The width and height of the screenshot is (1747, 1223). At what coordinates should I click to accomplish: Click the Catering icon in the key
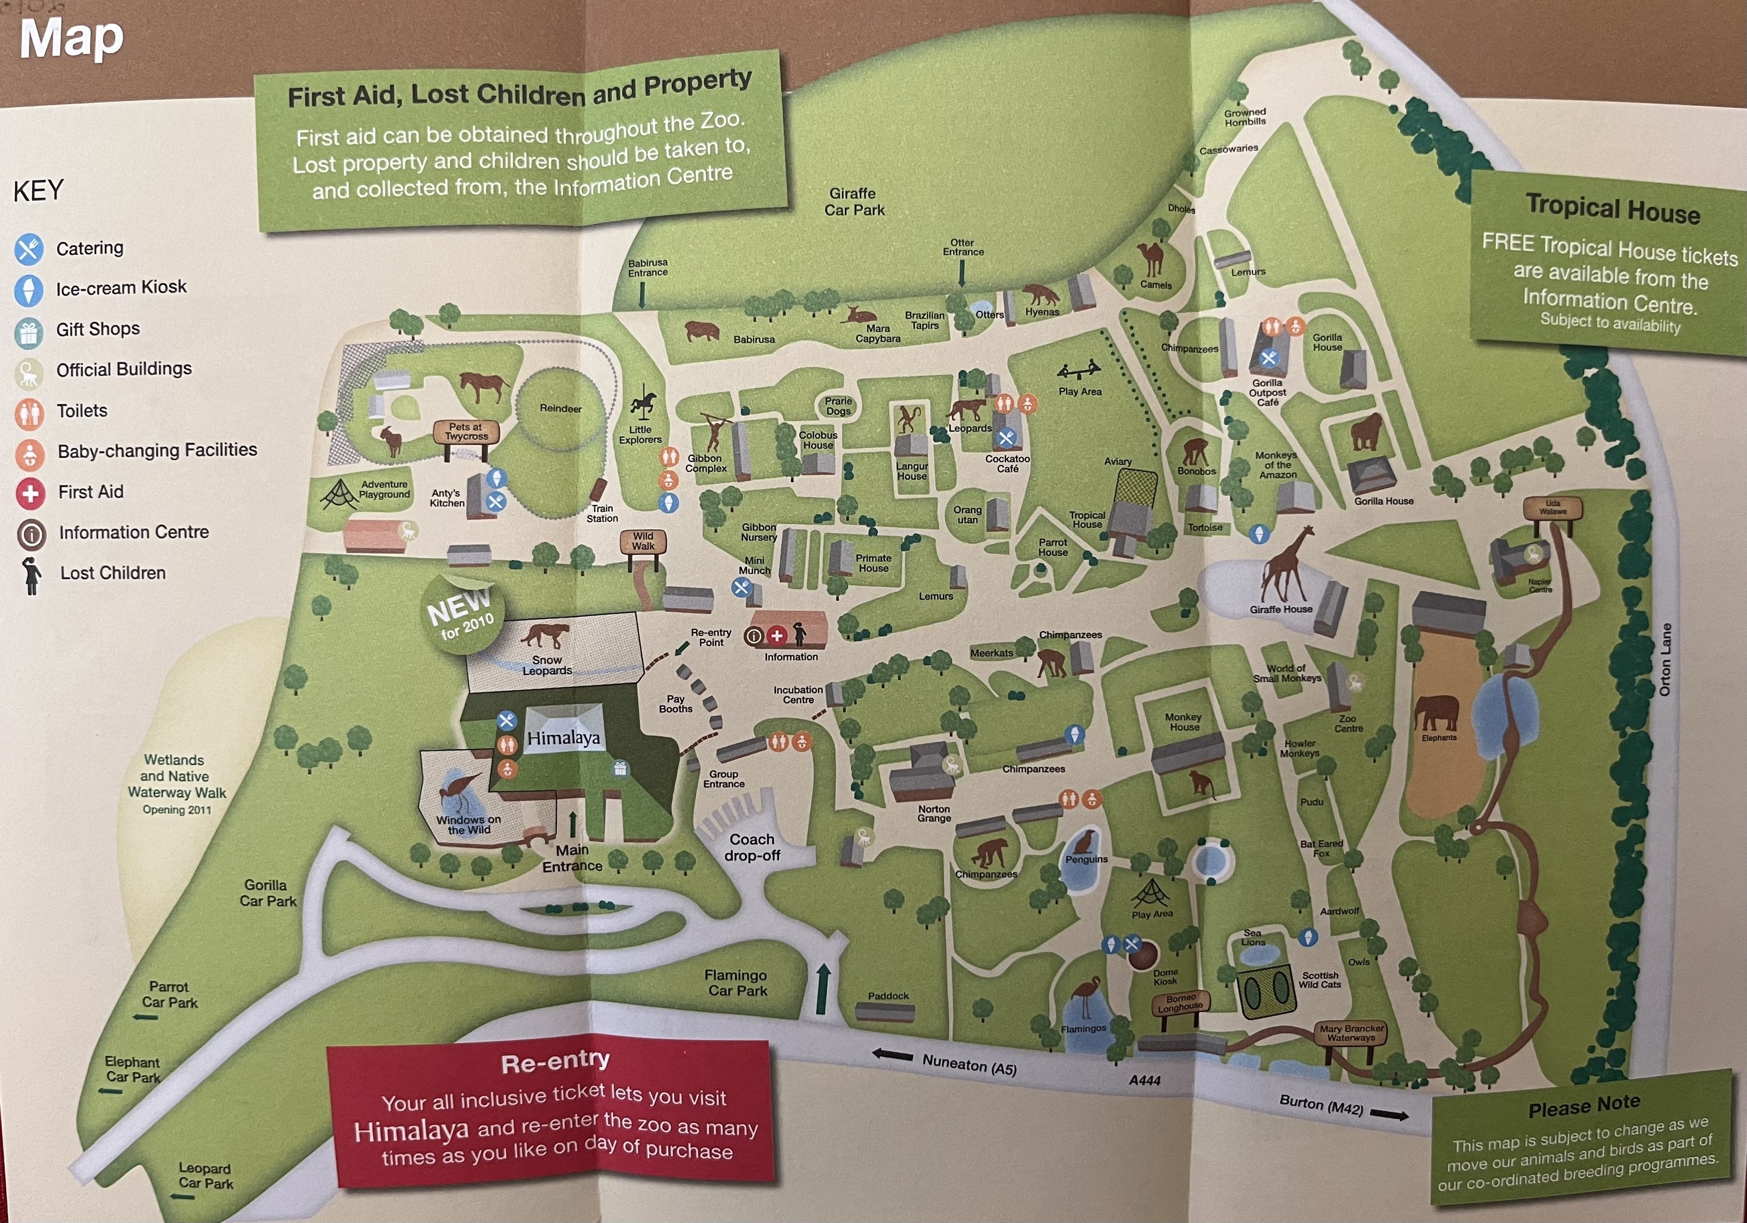pos(28,249)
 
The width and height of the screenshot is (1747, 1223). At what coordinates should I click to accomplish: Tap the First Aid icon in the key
pos(31,493)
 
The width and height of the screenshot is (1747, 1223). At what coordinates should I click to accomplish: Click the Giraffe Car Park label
pos(853,202)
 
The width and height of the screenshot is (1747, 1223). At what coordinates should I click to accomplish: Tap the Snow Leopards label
pos(546,665)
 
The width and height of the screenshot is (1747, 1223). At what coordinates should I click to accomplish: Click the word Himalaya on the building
pos(563,737)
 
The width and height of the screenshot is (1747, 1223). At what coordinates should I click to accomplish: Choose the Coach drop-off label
pos(752,847)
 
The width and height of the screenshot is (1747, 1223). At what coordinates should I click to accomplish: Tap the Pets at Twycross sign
pos(466,432)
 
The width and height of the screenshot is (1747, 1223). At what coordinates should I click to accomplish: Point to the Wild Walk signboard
pos(643,541)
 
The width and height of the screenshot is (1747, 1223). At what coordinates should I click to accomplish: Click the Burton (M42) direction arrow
pos(1388,1115)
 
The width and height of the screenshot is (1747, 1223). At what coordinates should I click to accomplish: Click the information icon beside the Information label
pos(753,636)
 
